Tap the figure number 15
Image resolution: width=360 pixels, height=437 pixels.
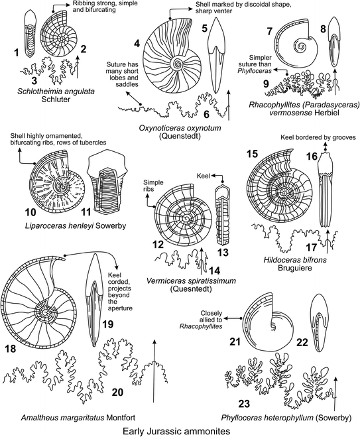click(x=253, y=153)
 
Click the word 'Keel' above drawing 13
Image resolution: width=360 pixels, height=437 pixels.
click(x=204, y=177)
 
